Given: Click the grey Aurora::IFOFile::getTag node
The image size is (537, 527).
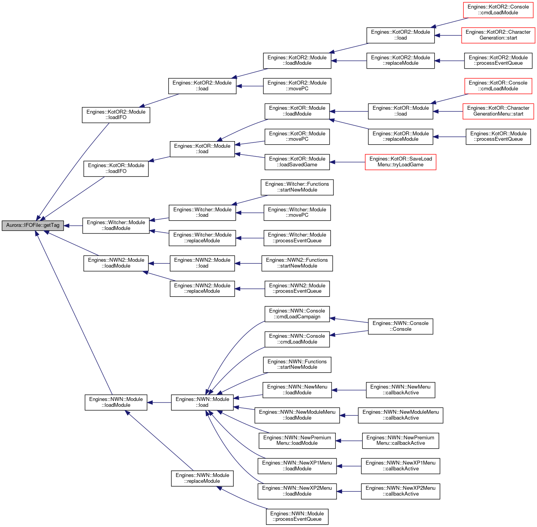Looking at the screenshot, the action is point(33,225).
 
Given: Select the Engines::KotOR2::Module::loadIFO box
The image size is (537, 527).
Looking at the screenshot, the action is point(116,115).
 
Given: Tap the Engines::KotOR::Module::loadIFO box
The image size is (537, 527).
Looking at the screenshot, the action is point(116,168).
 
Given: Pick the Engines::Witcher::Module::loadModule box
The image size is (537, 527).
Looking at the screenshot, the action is point(116,225).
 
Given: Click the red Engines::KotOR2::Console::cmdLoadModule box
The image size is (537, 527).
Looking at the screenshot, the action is point(498,10).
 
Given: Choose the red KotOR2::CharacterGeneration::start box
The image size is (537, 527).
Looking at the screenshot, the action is point(498,35).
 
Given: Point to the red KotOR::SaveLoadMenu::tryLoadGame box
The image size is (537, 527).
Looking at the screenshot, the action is point(400,162).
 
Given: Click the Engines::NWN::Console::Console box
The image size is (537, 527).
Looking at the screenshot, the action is point(400,326).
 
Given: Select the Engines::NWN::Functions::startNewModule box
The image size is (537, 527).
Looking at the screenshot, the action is point(297,364).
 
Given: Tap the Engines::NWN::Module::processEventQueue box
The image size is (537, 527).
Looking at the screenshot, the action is point(297,517).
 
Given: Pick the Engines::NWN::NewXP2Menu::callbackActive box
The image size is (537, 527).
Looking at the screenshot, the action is point(400,491).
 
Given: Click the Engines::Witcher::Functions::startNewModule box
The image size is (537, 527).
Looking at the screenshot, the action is point(297,187).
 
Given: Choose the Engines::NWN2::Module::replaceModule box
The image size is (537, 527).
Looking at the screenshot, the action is point(202,289).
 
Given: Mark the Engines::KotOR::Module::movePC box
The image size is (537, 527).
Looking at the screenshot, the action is point(297,137).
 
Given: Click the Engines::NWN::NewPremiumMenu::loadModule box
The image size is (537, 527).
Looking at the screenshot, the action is point(297,441).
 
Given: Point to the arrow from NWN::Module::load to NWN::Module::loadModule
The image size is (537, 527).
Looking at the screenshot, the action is point(159,403).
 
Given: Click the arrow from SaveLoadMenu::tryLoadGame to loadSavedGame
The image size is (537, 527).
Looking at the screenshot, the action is point(347,162).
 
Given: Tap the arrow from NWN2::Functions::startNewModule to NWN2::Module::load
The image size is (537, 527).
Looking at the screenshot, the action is point(248,263).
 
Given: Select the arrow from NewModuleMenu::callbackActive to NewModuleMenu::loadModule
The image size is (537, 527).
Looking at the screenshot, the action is point(349,415).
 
